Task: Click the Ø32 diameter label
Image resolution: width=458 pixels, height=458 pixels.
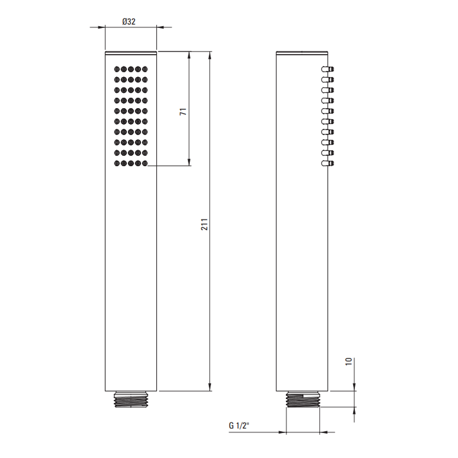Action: coord(129,22)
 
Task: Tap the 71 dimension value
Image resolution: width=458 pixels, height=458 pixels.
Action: coord(183,112)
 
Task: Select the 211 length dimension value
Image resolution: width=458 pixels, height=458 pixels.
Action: coord(204,224)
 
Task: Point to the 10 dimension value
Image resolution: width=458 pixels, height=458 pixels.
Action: coord(349,362)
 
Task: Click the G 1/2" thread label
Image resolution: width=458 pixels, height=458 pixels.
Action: coord(238,425)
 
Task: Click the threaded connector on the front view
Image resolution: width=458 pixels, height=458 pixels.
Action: coord(131,399)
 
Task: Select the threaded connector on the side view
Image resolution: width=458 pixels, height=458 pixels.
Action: coord(303,399)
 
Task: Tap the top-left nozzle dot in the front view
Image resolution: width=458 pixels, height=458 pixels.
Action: coord(117,69)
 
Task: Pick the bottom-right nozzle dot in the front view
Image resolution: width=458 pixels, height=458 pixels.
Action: coord(145,164)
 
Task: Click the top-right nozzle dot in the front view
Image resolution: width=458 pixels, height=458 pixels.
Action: coord(145,69)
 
